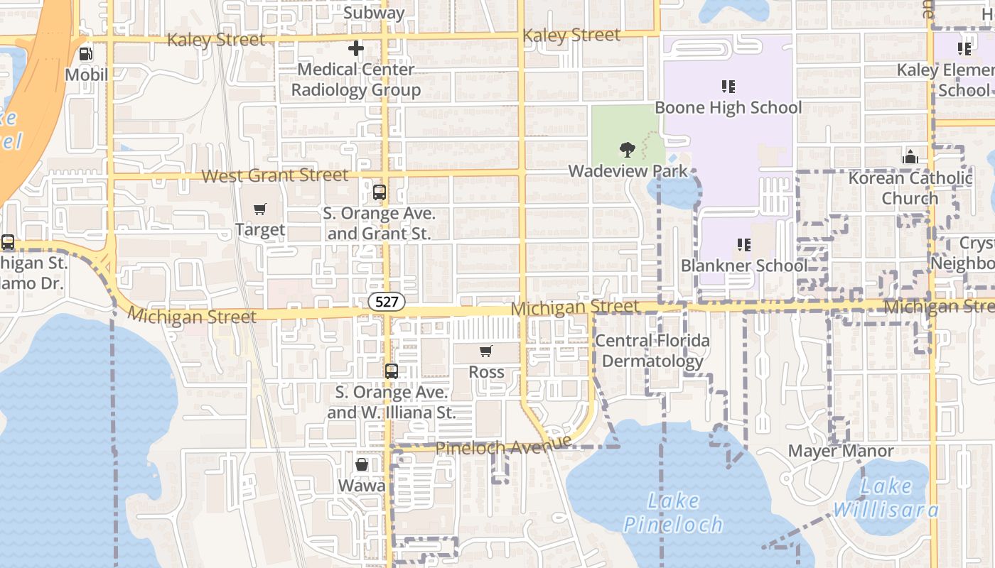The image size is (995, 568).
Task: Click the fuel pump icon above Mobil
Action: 85,53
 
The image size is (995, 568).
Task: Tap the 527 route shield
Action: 387,302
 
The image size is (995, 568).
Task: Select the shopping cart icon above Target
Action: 260,209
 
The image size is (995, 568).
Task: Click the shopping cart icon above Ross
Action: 486,351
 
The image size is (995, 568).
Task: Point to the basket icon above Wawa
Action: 362,464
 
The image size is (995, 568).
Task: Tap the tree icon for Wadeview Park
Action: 627,149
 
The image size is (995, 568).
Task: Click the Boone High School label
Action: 728,107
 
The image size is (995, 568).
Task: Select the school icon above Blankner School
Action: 744,245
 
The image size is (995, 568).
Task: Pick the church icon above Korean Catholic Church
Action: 910,157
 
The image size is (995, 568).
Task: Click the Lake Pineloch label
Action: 673,513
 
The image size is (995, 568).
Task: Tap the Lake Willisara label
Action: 886,498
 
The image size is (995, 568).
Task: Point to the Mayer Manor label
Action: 841,451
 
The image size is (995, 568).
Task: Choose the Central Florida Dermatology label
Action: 652,351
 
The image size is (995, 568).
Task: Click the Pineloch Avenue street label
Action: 503,447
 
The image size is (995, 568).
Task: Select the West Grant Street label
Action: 275,175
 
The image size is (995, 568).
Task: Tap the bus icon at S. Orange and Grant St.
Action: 380,192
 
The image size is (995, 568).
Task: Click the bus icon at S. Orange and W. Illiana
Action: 391,371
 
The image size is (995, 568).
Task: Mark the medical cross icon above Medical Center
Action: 356,48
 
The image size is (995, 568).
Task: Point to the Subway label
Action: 374,12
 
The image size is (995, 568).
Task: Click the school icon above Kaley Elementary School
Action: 964,49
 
